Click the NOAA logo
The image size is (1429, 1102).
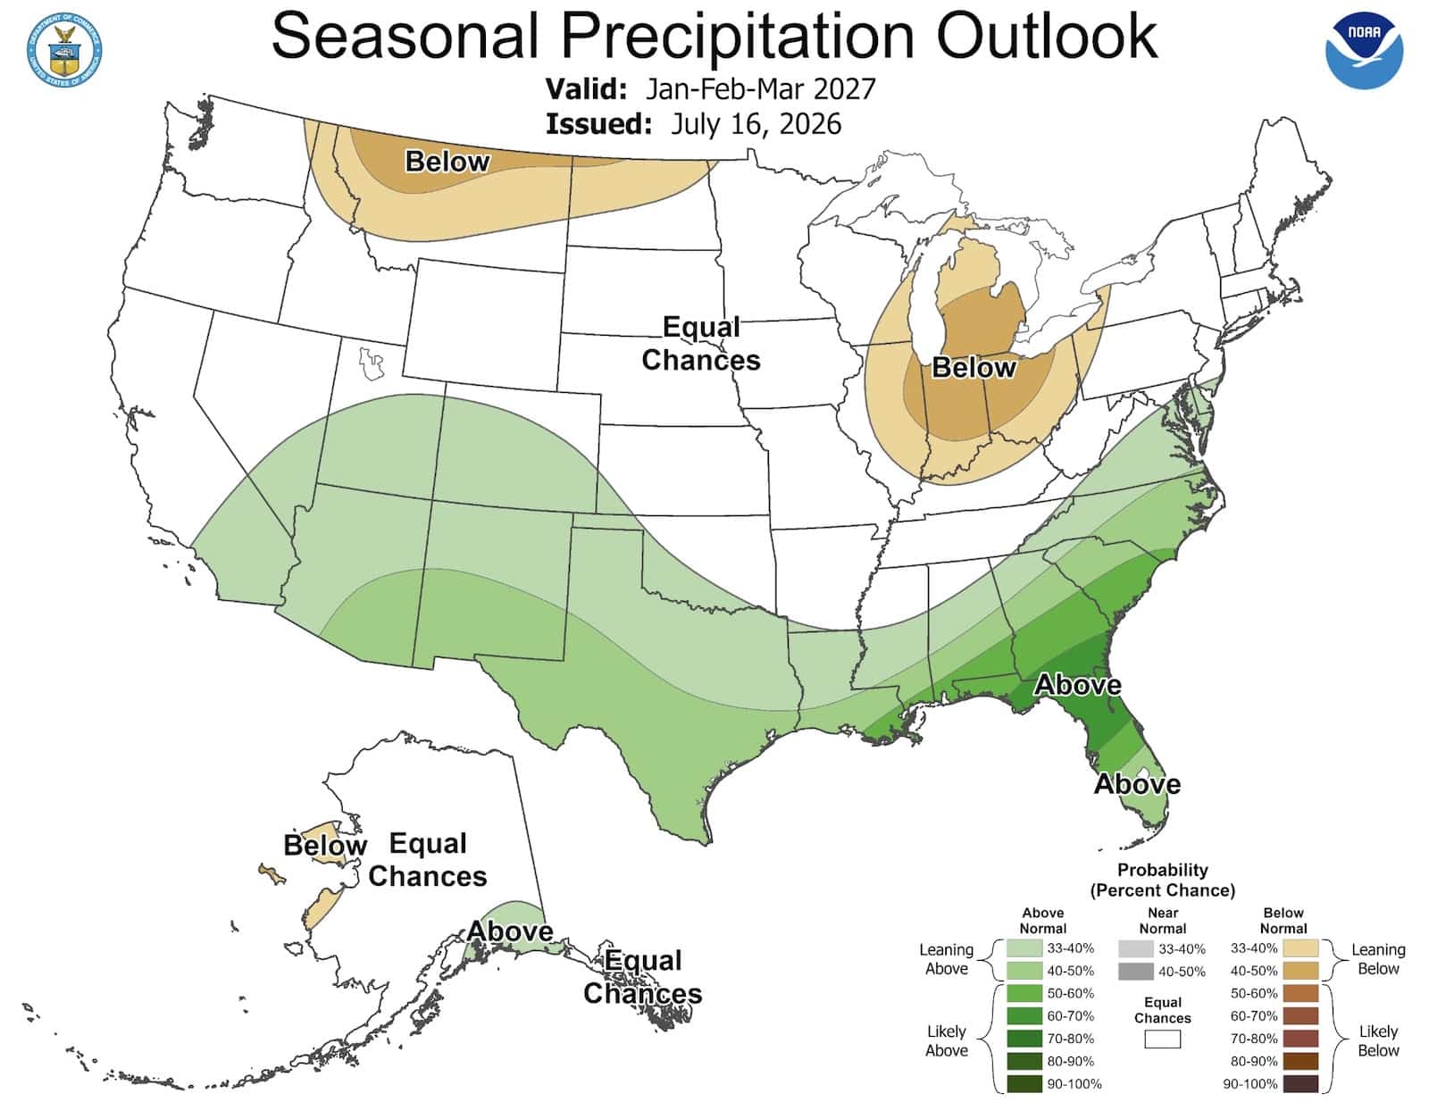click(1364, 50)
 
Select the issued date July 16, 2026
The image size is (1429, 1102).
click(756, 123)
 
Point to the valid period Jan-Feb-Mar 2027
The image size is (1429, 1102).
click(760, 88)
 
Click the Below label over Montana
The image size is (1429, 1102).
click(447, 161)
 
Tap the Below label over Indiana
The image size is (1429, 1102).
click(974, 368)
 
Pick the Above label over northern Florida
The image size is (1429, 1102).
click(1078, 684)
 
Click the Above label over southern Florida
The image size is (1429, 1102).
click(1137, 784)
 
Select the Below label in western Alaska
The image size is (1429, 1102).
click(325, 845)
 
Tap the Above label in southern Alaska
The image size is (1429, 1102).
click(510, 931)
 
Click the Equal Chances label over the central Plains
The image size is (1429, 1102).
click(701, 343)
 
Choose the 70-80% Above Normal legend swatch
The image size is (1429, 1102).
click(1024, 1039)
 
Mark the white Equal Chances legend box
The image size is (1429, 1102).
click(1162, 1039)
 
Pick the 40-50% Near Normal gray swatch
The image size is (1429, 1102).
click(1136, 971)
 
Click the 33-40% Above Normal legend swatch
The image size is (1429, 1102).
click(1024, 948)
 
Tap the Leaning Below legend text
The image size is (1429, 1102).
click(1378, 958)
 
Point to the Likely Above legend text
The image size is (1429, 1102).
click(947, 1041)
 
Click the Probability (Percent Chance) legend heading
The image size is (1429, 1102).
click(1163, 880)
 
